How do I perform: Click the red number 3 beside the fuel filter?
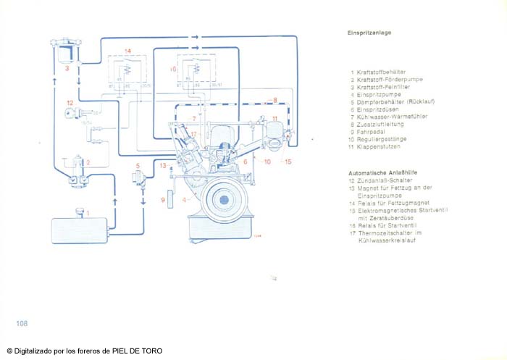(66, 68)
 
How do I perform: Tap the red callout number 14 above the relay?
(127, 51)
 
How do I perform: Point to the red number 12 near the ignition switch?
(70, 103)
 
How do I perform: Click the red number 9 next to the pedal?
(163, 199)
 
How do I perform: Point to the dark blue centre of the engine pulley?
(225, 198)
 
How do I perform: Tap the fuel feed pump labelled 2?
(77, 177)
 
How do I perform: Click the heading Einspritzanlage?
(369, 33)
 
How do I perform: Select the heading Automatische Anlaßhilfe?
(380, 174)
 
